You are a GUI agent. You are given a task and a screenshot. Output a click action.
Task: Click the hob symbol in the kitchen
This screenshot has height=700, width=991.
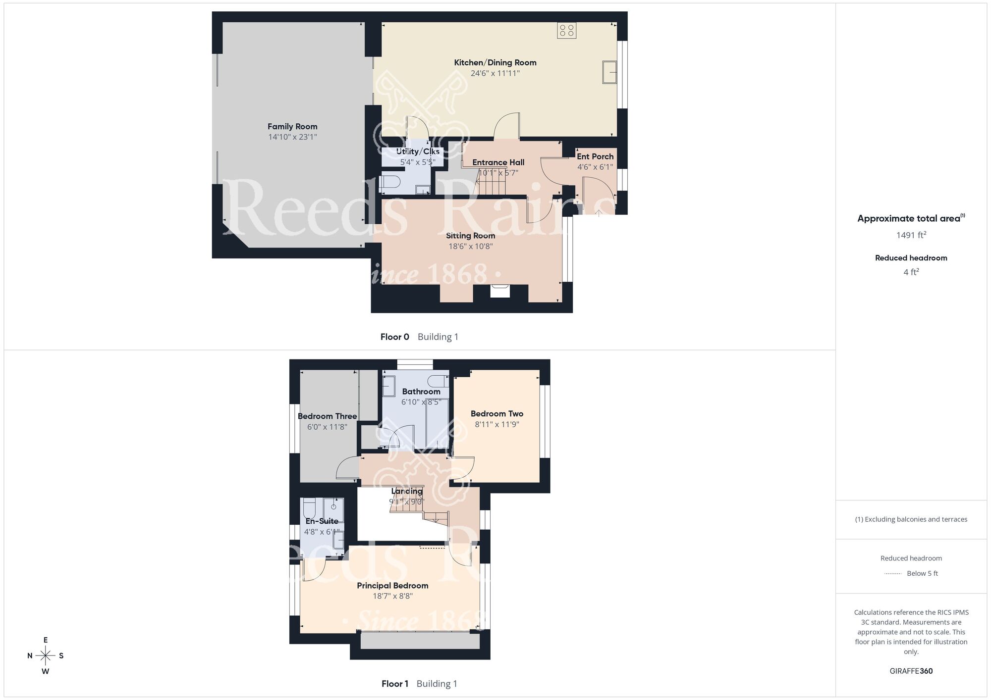pos(566,31)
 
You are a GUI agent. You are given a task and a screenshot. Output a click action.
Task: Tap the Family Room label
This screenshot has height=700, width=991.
pos(292,127)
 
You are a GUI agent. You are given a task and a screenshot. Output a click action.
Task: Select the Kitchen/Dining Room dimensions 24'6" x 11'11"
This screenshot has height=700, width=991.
pos(495,73)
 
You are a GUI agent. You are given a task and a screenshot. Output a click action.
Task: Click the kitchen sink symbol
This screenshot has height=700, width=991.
pos(609,72)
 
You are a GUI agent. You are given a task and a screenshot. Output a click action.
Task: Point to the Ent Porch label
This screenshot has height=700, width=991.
pos(595,156)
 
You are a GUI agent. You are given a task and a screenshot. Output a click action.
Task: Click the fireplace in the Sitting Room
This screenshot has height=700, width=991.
pos(500,291)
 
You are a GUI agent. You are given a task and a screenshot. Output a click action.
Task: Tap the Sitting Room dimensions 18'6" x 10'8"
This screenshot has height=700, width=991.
pos(470,247)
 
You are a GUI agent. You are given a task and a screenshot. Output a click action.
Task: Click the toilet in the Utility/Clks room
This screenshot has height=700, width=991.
pos(390,182)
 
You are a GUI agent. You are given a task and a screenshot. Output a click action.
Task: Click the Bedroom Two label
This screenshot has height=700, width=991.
pos(496,414)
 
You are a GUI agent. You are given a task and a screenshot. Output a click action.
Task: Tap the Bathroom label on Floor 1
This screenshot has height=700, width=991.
pos(421,392)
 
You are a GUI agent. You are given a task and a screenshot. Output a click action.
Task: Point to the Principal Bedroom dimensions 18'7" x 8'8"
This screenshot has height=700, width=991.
pos(392,597)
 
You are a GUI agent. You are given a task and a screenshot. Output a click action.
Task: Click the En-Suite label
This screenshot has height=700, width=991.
pos(322,521)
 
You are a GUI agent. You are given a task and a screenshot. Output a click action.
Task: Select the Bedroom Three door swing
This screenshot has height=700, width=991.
pos(346,468)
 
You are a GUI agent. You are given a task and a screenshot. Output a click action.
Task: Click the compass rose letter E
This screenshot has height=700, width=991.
pos(46,640)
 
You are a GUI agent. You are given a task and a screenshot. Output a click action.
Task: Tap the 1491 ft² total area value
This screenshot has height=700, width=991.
pos(911,235)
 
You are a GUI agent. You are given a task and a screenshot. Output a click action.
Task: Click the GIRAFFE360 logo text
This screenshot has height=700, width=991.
pos(911,671)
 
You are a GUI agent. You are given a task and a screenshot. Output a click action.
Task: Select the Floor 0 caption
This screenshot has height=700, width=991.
pos(394,337)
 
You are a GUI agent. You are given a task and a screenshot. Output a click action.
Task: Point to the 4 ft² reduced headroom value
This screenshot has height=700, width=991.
pos(911,272)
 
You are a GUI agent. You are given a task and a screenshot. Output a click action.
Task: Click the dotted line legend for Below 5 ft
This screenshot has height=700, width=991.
pos(893,574)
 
